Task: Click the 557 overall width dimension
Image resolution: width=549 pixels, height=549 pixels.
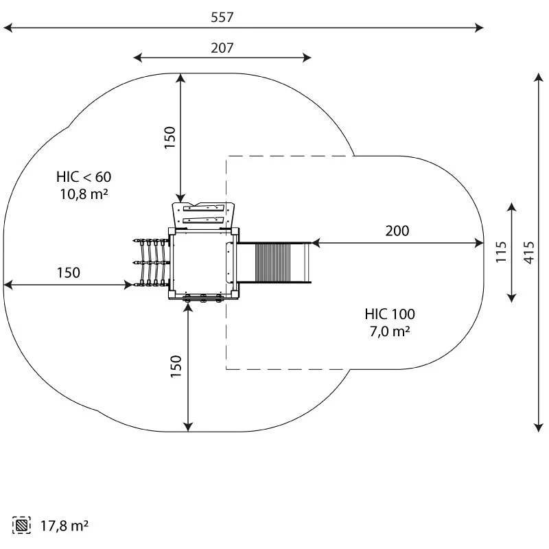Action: [222, 17]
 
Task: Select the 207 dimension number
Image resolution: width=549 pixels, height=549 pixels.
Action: [222, 47]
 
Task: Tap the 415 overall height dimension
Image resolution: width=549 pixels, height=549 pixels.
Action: [528, 252]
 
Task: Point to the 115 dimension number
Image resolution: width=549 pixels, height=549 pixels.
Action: [501, 252]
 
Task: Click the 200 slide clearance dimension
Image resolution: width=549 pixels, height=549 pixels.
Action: [397, 231]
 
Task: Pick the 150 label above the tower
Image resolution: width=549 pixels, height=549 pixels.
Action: [170, 137]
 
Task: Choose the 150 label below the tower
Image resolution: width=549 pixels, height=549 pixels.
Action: [176, 366]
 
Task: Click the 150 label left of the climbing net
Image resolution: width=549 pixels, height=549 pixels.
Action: [68, 272]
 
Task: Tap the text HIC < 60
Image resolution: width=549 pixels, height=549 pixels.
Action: [84, 176]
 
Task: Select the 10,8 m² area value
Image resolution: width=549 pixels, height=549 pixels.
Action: [84, 194]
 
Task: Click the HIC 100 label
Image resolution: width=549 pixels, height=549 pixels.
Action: [390, 314]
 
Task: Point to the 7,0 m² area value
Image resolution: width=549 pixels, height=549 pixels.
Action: [390, 331]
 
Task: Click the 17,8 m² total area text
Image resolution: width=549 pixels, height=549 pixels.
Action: [64, 526]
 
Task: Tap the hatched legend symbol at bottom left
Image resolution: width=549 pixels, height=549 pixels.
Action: [22, 526]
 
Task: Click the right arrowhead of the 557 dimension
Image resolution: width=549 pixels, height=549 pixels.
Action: [480, 28]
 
